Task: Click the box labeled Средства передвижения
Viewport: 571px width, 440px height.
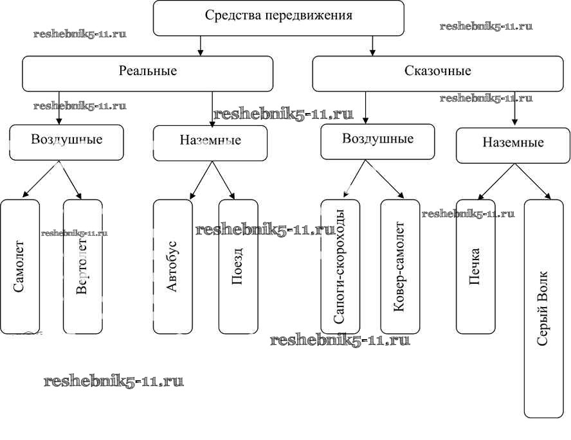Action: coord(278,17)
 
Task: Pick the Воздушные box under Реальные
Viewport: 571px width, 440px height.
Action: coord(67,142)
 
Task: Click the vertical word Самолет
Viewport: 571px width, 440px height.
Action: coord(19,267)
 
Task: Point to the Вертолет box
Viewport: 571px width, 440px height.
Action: coord(82,267)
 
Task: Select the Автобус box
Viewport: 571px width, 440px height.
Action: coord(172,267)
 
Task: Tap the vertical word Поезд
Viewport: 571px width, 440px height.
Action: coord(238,267)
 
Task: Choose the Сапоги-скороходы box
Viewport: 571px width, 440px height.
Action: coord(340,267)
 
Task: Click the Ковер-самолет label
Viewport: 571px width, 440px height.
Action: coord(400,267)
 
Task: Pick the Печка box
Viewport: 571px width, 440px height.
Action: coord(476,267)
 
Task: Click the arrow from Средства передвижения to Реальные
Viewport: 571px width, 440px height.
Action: coord(201,46)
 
